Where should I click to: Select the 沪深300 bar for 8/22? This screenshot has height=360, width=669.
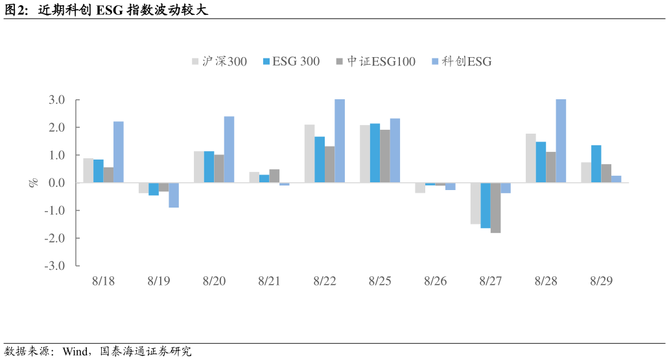(x=309, y=154)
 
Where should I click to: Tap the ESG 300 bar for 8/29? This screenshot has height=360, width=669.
(x=596, y=164)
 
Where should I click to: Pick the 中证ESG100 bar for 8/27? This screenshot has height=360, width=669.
(x=495, y=208)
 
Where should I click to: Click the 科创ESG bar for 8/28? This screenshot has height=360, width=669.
(x=561, y=141)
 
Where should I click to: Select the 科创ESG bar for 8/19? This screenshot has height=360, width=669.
(x=174, y=195)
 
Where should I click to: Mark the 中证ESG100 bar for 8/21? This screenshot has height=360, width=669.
(x=274, y=176)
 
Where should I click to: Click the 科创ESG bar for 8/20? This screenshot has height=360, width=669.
(x=229, y=150)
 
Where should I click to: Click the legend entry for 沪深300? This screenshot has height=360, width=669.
(x=220, y=62)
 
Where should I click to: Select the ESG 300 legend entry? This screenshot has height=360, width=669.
(x=291, y=62)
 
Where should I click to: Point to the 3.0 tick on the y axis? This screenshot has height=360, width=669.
(x=56, y=100)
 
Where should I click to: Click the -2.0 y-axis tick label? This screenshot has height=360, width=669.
(x=54, y=238)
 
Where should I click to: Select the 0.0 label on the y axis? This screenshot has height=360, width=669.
(x=56, y=183)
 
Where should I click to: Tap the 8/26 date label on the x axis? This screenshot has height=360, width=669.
(x=436, y=282)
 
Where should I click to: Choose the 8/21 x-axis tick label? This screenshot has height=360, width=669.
(x=270, y=282)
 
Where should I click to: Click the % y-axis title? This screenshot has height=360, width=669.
(x=34, y=183)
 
